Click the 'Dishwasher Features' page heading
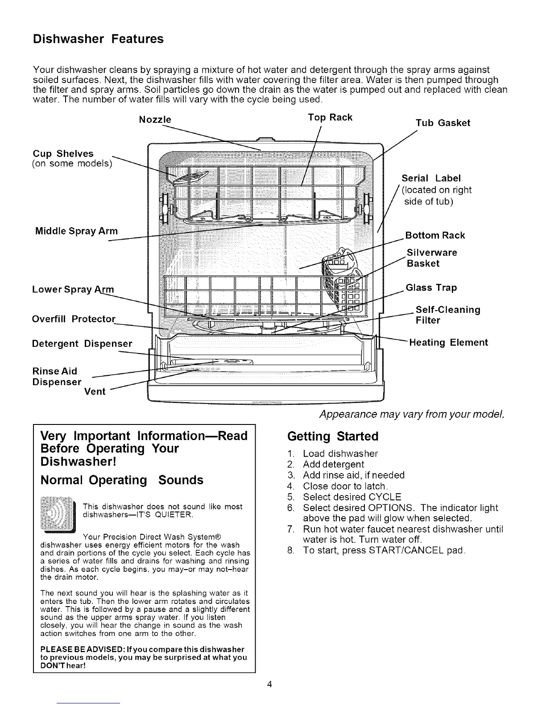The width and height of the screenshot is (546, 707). click(x=99, y=39)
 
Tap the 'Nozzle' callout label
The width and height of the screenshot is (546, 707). click(x=155, y=120)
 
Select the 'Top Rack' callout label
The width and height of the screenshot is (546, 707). click(x=330, y=117)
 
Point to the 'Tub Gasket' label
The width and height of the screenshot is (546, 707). click(x=443, y=123)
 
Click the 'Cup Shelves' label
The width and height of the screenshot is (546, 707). click(x=63, y=154)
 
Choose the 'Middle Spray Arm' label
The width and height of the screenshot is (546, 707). click(x=77, y=231)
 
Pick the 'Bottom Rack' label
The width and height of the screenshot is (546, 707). click(x=435, y=236)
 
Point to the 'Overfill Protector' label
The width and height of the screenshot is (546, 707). click(x=74, y=320)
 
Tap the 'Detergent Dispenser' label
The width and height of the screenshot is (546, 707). click(x=82, y=344)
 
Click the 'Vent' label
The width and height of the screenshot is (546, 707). click(x=95, y=392)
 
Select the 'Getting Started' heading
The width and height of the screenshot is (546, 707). click(x=333, y=436)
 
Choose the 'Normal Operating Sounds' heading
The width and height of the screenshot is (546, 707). click(x=122, y=480)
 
